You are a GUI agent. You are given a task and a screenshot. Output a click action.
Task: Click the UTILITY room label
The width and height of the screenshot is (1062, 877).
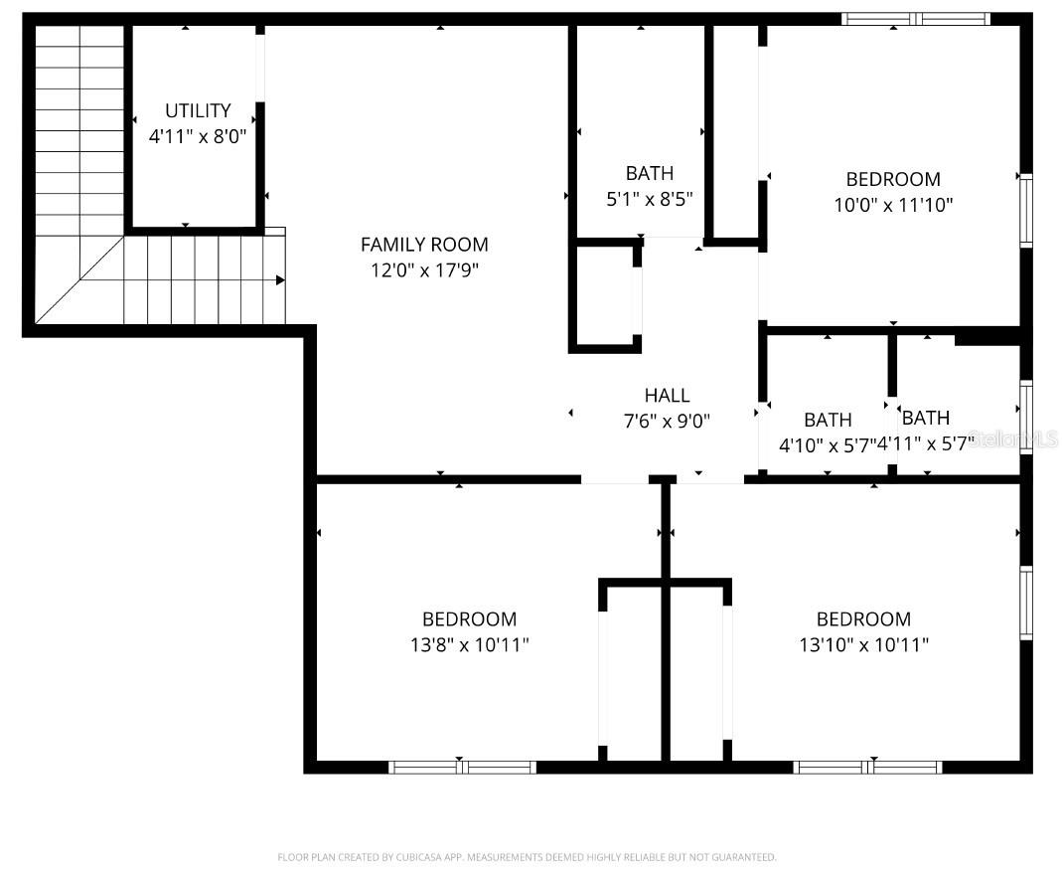[198, 110]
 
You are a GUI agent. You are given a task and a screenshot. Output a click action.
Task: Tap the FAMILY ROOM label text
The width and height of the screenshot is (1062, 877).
[424, 245]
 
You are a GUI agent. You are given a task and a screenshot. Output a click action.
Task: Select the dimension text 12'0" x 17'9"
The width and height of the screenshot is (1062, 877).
[424, 269]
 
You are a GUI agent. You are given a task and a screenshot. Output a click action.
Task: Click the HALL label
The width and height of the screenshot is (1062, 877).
[667, 396]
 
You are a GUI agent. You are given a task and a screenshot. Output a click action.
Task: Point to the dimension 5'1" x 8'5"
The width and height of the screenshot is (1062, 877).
[649, 199]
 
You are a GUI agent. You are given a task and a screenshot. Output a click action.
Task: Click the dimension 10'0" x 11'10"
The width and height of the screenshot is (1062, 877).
[893, 205]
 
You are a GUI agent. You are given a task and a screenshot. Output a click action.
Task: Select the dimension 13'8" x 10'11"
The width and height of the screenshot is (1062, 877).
[469, 644]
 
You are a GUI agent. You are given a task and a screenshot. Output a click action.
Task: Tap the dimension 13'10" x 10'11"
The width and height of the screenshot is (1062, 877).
[863, 644]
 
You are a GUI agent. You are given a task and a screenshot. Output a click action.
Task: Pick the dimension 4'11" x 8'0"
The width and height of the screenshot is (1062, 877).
[198, 136]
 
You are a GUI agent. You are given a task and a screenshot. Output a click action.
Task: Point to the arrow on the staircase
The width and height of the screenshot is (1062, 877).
[279, 280]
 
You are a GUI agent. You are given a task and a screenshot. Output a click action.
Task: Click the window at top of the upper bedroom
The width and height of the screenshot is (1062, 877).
[915, 18]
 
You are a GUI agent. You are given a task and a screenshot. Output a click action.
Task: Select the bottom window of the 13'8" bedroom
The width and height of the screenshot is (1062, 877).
[462, 767]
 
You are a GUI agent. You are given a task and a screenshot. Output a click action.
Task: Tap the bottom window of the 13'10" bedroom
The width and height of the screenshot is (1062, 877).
[867, 767]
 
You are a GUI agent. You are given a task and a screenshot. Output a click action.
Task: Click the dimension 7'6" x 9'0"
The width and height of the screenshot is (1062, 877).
[667, 421]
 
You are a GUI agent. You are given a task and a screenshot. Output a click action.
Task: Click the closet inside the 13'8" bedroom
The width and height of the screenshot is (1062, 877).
[633, 671]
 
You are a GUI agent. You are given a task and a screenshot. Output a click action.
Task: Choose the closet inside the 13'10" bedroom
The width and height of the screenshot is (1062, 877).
[698, 671]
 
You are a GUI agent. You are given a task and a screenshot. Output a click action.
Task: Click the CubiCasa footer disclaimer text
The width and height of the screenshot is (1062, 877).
[527, 856]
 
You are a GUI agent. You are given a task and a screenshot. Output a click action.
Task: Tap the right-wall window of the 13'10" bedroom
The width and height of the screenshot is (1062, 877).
[1026, 602]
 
